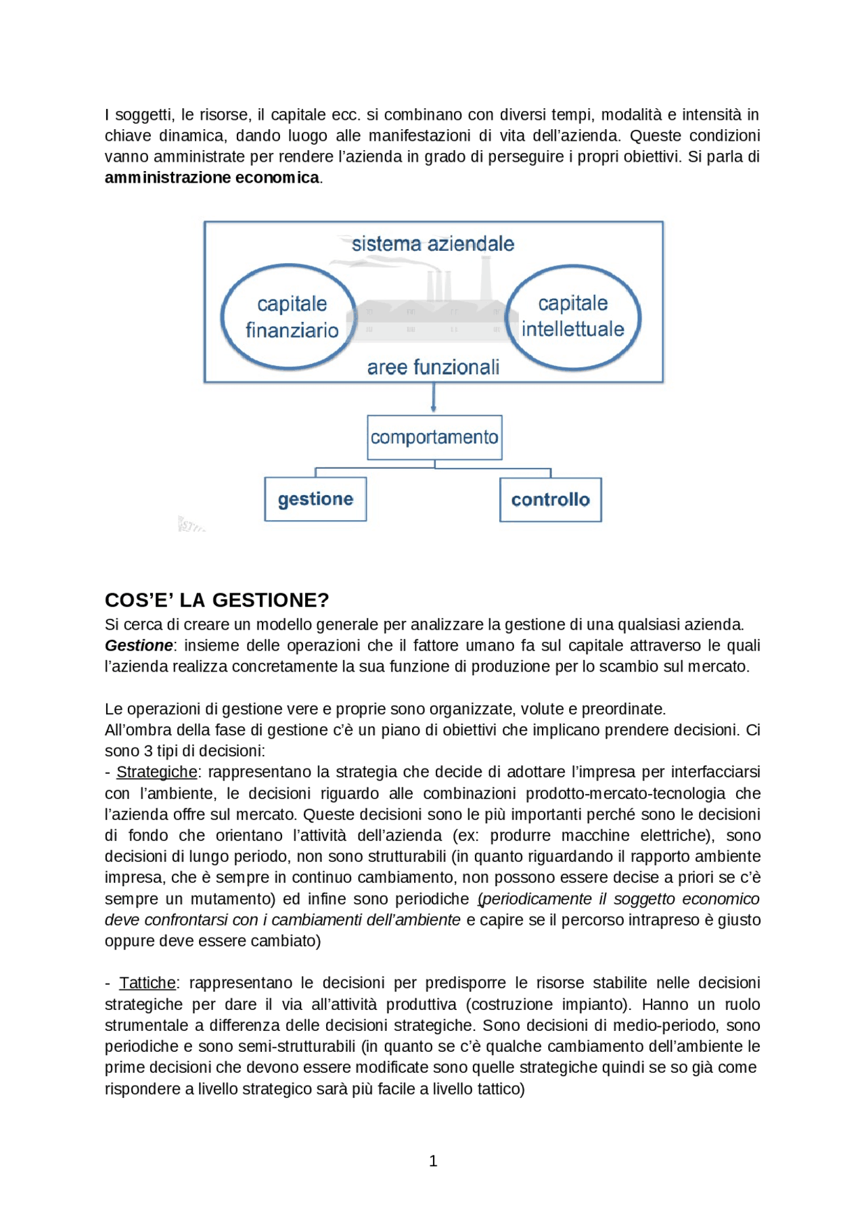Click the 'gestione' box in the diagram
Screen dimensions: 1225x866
point(315,499)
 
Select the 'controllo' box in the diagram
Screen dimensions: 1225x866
point(550,500)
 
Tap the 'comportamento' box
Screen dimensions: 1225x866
point(434,438)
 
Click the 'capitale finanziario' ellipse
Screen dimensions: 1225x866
point(290,317)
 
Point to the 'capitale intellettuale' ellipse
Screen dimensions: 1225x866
point(573,317)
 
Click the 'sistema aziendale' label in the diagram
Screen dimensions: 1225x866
point(433,244)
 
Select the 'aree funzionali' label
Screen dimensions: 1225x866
point(433,367)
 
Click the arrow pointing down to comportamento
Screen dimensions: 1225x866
point(434,398)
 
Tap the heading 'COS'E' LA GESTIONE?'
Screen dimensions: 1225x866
point(216,600)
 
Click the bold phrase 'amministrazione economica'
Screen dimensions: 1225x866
point(212,178)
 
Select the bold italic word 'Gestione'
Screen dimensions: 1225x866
point(139,645)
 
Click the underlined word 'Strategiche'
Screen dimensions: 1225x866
point(157,772)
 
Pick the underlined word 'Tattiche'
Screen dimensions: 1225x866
point(147,983)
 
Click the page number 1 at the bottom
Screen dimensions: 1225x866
point(433,1161)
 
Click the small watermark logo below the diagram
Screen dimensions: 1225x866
point(190,525)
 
